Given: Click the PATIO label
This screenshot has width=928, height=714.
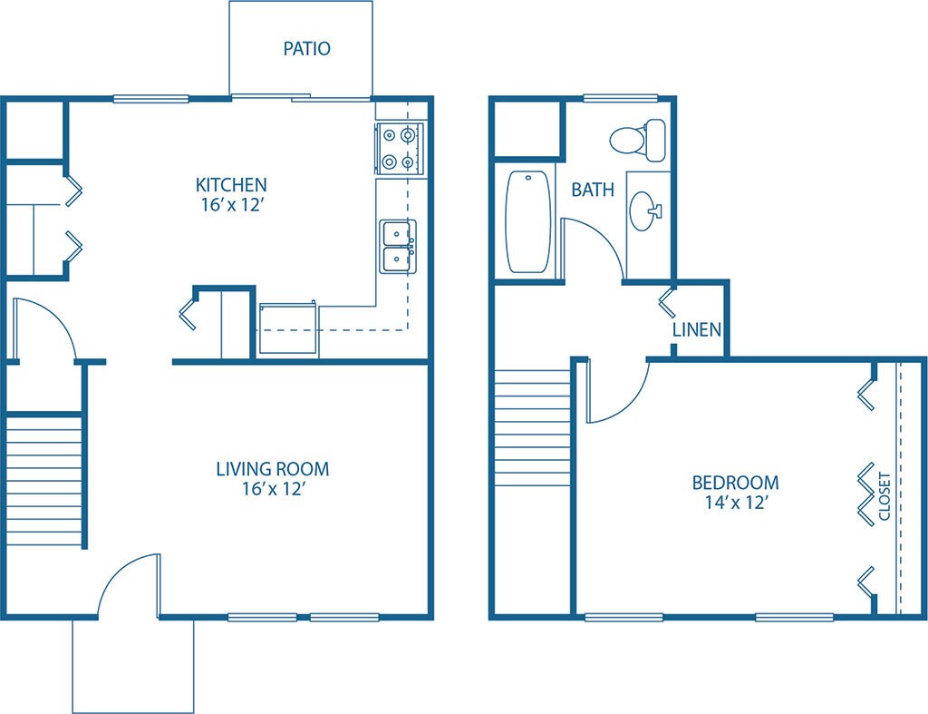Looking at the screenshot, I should pos(306,48).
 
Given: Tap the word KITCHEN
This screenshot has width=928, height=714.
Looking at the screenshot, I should pos(231,185).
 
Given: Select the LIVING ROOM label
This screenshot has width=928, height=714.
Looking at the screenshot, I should pos(272,469).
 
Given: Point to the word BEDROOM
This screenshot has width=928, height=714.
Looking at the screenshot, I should pos(735,483).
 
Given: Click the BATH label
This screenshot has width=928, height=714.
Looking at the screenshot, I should pos(593,190).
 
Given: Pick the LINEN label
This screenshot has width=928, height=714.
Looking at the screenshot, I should pos(696,328).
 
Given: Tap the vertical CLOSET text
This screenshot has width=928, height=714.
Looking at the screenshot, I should pos(885,497).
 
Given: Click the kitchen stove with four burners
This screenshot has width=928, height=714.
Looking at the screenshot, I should pos(400,149).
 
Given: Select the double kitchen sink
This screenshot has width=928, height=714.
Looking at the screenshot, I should pos(397,246).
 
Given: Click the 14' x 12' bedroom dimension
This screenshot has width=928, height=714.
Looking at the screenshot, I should pos(735,504).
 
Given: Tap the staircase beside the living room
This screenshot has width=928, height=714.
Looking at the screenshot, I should pos(44,479).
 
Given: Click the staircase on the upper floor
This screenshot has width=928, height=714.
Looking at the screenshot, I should pos(532,426).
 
